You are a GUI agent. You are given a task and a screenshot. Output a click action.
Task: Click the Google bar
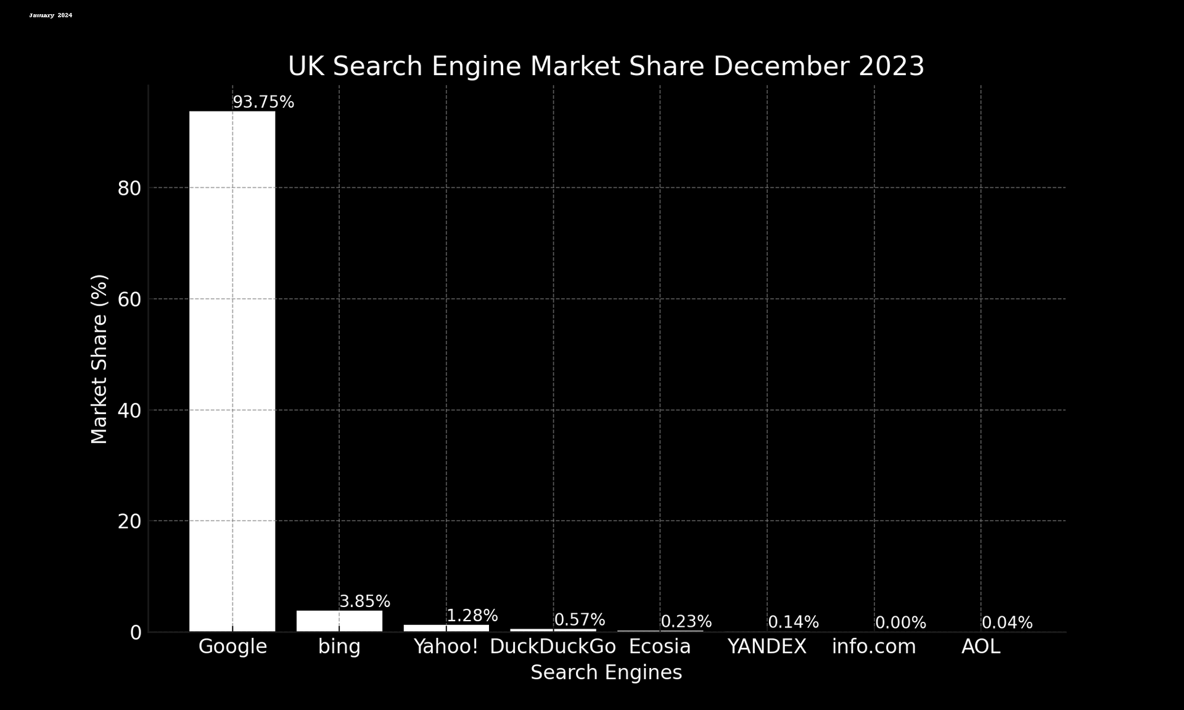pyautogui.click(x=232, y=370)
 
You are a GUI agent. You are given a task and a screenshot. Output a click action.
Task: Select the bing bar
pyautogui.click(x=339, y=621)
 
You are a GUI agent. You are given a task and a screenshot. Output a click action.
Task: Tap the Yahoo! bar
pyautogui.click(x=446, y=628)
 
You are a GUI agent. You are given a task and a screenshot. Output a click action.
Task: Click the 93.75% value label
pyautogui.click(x=263, y=102)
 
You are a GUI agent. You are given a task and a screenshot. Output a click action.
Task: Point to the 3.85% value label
pyautogui.click(x=364, y=602)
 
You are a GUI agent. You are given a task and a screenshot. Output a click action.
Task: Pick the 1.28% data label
pyautogui.click(x=472, y=616)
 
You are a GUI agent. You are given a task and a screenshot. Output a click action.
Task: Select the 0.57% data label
pyautogui.click(x=579, y=620)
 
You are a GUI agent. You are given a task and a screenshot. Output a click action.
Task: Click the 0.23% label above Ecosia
pyautogui.click(x=686, y=622)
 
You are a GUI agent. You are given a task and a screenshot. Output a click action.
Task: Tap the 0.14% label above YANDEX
pyautogui.click(x=793, y=622)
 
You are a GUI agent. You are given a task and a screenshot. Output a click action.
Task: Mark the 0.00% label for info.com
pyautogui.click(x=900, y=623)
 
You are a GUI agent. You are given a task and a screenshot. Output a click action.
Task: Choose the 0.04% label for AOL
pyautogui.click(x=1007, y=623)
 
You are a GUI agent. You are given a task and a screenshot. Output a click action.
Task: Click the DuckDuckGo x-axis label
pyautogui.click(x=553, y=647)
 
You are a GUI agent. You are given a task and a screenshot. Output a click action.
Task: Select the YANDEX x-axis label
pyautogui.click(x=767, y=647)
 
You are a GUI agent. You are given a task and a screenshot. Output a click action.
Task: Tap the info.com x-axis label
pyautogui.click(x=874, y=647)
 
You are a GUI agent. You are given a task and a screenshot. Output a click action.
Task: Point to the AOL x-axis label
pyautogui.click(x=980, y=647)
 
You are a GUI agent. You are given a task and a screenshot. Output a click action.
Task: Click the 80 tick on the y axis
pyautogui.click(x=129, y=189)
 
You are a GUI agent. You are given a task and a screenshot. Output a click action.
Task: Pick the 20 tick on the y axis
pyautogui.click(x=129, y=522)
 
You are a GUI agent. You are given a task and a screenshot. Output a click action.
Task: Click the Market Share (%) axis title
pyautogui.click(x=99, y=359)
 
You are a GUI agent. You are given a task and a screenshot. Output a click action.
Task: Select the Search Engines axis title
pyautogui.click(x=606, y=672)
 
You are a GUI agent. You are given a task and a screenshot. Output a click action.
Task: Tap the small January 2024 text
pyautogui.click(x=51, y=15)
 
